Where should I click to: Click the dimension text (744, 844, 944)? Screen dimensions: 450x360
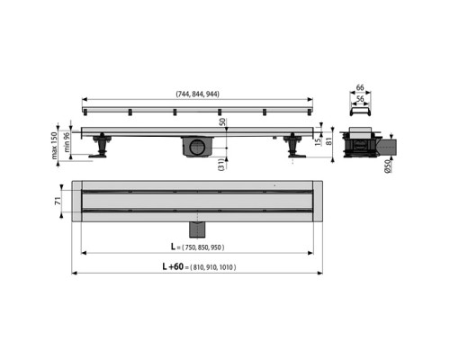tap(197, 94)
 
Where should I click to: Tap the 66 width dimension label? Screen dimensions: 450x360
tap(360, 87)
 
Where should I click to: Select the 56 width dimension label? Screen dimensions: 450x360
tap(360, 99)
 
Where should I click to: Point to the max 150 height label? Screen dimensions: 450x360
tap(54, 146)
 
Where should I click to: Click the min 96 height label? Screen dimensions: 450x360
tap(67, 142)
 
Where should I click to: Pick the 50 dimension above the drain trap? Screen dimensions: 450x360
tap(223, 122)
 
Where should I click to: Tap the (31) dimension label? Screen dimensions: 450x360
tap(221, 165)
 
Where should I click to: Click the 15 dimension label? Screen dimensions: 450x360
tap(318, 141)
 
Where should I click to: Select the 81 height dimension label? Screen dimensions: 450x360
tap(328, 141)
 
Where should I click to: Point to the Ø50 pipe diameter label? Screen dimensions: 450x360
tap(388, 166)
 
